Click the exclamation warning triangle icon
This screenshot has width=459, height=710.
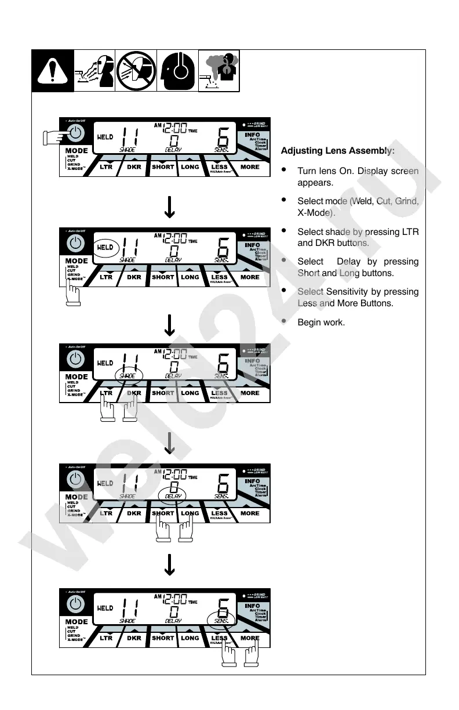point(52,71)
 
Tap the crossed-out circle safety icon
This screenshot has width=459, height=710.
point(136,71)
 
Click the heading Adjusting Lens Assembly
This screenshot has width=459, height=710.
point(338,151)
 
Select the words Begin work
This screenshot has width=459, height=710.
point(321,322)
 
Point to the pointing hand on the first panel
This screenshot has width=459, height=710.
point(56,137)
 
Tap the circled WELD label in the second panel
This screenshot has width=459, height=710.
point(106,248)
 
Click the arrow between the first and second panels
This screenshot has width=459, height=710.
point(169,208)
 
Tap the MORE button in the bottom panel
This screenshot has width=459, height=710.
point(250,638)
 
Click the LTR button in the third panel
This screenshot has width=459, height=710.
point(106,393)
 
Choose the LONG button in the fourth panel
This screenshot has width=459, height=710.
point(190,513)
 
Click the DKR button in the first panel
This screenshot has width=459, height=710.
point(134,167)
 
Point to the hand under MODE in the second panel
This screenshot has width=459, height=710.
point(72,292)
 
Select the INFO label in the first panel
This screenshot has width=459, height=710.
point(252,135)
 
